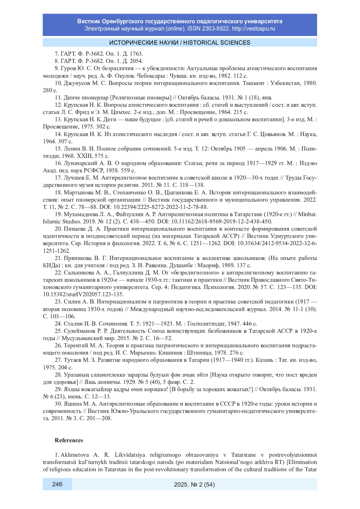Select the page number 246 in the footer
click(57, 484)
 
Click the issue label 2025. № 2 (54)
click(194, 484)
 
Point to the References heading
click(69, 440)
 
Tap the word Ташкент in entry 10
click(254, 83)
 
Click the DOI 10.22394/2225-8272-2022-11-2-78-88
click(165, 207)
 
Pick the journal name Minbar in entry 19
click(307, 214)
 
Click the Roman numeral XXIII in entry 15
click(86, 156)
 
